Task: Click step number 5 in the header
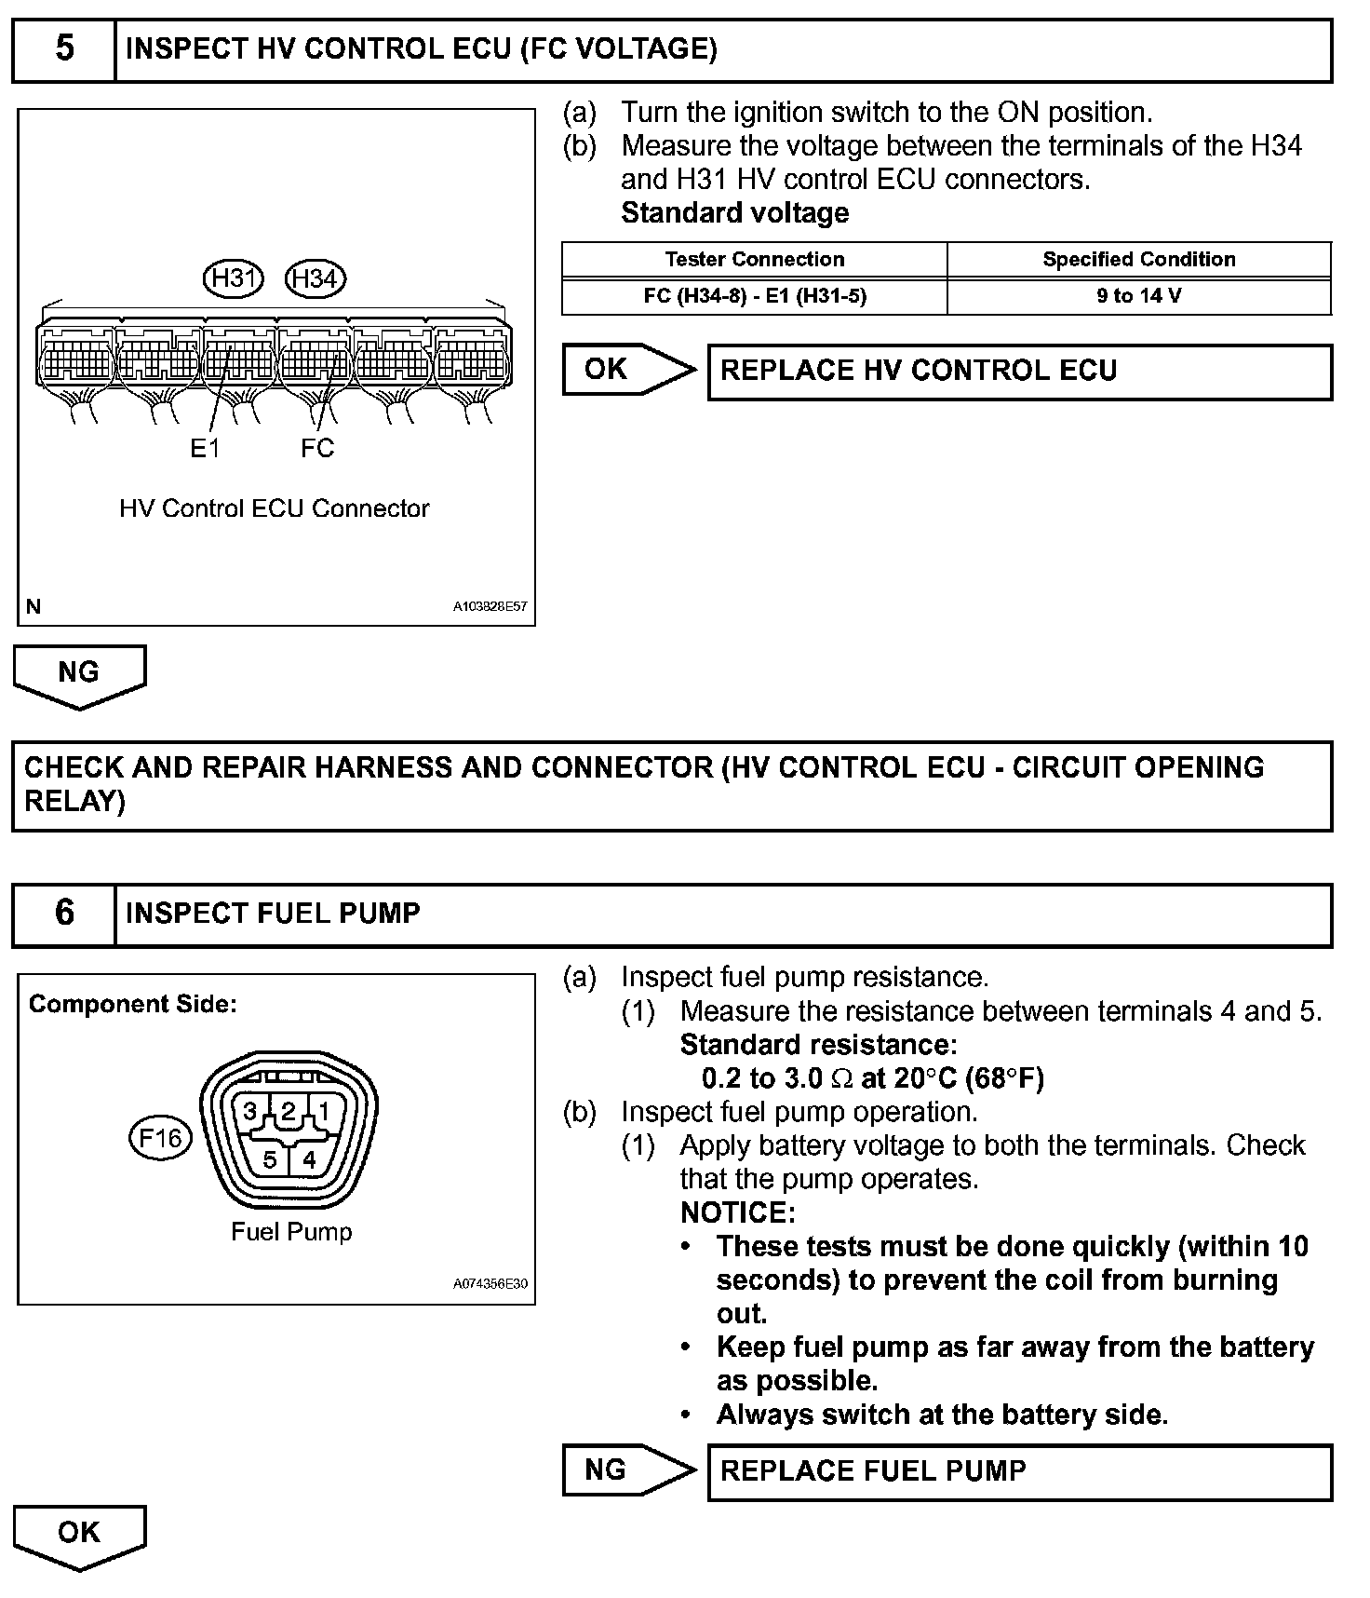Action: tap(64, 48)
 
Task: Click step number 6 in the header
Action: tap(64, 913)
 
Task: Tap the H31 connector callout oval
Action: tap(234, 278)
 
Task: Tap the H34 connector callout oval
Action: tap(316, 278)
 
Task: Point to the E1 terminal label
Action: tap(205, 449)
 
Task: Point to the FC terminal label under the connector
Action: tap(316, 449)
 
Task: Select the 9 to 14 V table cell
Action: tap(1138, 296)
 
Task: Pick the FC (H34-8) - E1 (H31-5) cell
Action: tap(754, 296)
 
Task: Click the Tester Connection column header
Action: tap(754, 260)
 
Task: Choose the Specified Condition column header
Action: tap(1138, 260)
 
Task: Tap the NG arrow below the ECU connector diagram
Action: tap(79, 675)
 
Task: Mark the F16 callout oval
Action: tap(160, 1138)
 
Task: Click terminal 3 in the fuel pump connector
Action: tap(250, 1111)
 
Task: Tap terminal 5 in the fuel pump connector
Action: tap(270, 1159)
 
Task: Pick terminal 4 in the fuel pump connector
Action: tap(309, 1159)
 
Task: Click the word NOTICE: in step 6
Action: tap(738, 1212)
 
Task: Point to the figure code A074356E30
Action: tap(490, 1284)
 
